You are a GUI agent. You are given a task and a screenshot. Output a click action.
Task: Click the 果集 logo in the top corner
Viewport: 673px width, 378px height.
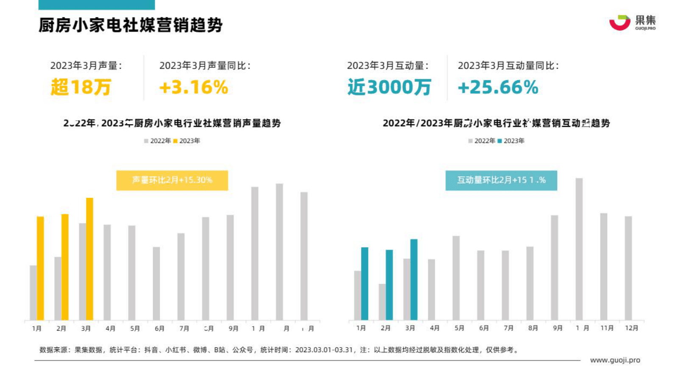click(632, 22)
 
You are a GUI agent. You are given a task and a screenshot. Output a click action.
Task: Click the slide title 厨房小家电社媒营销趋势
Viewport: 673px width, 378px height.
click(131, 25)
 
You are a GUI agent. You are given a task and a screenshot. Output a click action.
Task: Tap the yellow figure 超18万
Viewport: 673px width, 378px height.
click(81, 87)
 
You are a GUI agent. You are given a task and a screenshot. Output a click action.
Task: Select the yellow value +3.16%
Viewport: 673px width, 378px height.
click(194, 87)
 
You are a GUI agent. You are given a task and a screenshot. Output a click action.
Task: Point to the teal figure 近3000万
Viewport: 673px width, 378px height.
click(389, 87)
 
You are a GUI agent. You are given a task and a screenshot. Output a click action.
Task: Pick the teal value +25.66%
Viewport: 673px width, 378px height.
click(498, 87)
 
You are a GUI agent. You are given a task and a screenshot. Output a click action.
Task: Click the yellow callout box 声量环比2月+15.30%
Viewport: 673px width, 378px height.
click(172, 180)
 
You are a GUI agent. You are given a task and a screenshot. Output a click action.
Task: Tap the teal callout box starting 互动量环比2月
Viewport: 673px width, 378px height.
click(501, 180)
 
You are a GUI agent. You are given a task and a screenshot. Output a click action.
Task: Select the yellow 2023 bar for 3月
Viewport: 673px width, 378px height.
click(89, 258)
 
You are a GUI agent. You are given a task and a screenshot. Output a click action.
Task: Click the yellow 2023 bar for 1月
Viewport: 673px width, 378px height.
click(40, 268)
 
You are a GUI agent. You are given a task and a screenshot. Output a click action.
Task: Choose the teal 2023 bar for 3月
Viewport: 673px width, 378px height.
click(414, 279)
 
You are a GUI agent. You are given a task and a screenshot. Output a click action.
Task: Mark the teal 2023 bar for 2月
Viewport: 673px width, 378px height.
click(389, 284)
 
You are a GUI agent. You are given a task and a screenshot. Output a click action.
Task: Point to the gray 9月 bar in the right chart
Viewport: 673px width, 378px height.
click(554, 267)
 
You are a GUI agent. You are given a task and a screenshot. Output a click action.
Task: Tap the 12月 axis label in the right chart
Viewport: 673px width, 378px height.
click(631, 328)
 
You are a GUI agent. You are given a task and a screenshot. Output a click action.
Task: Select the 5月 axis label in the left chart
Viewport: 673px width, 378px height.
click(135, 328)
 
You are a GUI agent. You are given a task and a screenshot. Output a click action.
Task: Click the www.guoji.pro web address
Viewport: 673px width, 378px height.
click(615, 360)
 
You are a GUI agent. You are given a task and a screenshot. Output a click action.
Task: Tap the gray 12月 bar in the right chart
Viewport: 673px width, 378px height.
click(628, 268)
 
